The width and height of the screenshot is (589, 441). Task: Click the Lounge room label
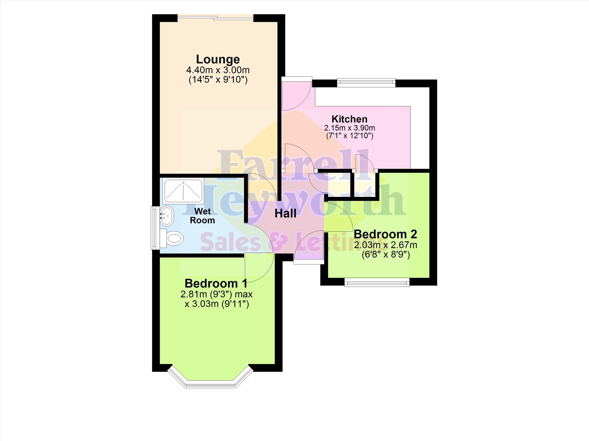point(218,59)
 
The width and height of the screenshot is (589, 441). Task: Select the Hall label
point(285,213)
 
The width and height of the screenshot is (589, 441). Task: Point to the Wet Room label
point(202,216)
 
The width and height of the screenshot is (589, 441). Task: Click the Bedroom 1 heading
point(216,283)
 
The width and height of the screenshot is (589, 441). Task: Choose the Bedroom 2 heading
point(385,234)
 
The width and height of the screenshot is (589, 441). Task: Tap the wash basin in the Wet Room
point(167,216)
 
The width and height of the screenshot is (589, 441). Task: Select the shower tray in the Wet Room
point(183,191)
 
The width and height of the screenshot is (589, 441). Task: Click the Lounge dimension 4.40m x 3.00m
point(218,70)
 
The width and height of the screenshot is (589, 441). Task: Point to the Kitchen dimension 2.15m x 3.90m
point(349,128)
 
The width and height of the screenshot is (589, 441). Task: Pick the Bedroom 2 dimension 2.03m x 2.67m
point(385,245)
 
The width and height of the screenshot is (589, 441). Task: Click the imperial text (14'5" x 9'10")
point(218,80)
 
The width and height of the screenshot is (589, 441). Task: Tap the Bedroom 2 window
point(377,282)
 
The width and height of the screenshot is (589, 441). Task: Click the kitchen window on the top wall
point(366,82)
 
